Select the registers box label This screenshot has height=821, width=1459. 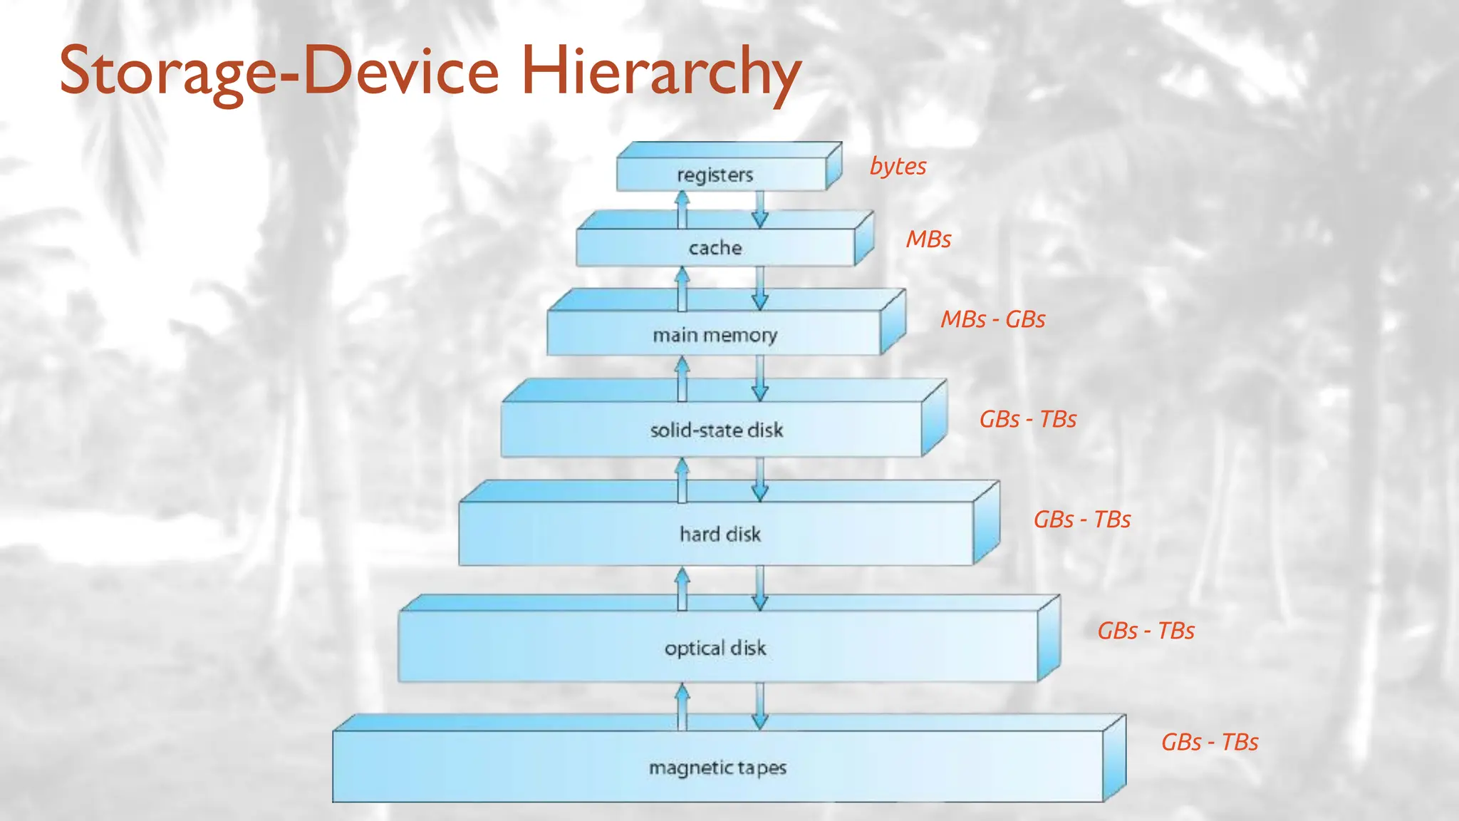(x=715, y=175)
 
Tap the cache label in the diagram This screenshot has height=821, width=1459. (x=715, y=248)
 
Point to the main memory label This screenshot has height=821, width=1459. (x=715, y=335)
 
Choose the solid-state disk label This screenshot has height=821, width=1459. (x=716, y=430)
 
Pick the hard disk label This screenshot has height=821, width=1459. (x=720, y=534)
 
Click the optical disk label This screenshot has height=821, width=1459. (x=715, y=648)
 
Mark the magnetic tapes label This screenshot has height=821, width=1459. (x=717, y=768)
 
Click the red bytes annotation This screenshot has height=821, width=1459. (x=898, y=166)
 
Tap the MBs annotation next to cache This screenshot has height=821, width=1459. (x=928, y=239)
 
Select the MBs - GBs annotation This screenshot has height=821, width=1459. (x=992, y=319)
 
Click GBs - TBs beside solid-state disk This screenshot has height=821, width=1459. (x=1027, y=419)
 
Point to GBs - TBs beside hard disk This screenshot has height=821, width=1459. (x=1081, y=520)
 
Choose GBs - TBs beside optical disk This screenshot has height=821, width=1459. (x=1146, y=631)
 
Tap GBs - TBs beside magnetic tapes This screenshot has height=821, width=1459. (x=1209, y=742)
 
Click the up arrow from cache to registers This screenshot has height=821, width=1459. (x=682, y=210)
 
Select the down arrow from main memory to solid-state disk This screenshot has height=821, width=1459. (x=760, y=378)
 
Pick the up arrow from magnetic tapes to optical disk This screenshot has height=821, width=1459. (x=682, y=706)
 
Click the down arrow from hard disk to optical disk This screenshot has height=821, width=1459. (x=760, y=589)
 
